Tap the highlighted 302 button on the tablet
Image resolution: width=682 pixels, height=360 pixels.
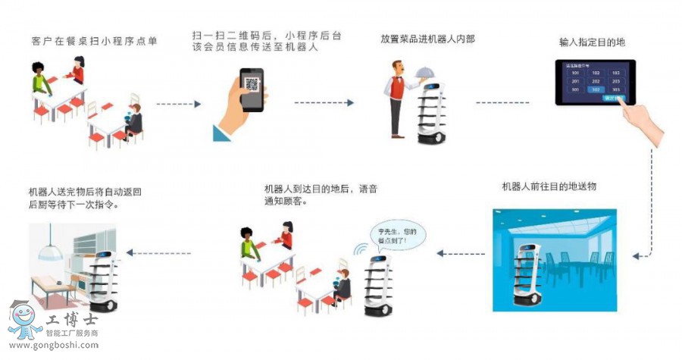tap(596, 89)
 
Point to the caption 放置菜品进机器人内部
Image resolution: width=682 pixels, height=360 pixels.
tap(417, 38)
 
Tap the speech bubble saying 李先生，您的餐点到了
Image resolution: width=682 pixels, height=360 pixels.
tap(398, 234)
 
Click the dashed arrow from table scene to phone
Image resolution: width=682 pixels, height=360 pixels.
tap(178, 102)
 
